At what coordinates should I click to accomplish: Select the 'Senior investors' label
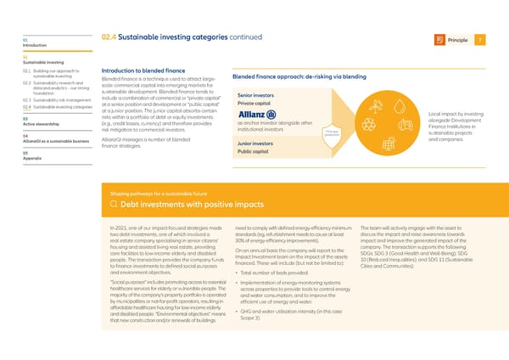(255, 94)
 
